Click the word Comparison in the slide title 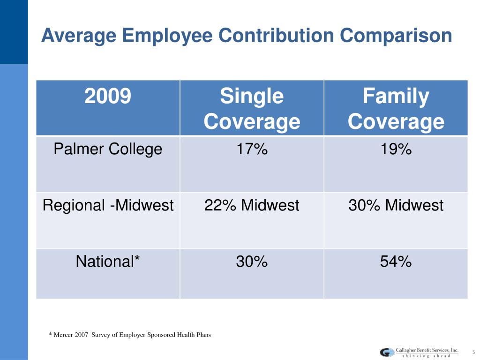point(396,36)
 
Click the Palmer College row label point(108,150)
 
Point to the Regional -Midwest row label point(108,205)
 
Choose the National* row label point(108,262)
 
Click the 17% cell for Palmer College point(252,150)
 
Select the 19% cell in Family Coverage point(396,150)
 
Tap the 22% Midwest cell point(252,205)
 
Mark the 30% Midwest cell point(396,205)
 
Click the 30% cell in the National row point(252,262)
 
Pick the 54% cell point(396,262)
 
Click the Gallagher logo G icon point(387,352)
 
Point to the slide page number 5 point(473,352)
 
